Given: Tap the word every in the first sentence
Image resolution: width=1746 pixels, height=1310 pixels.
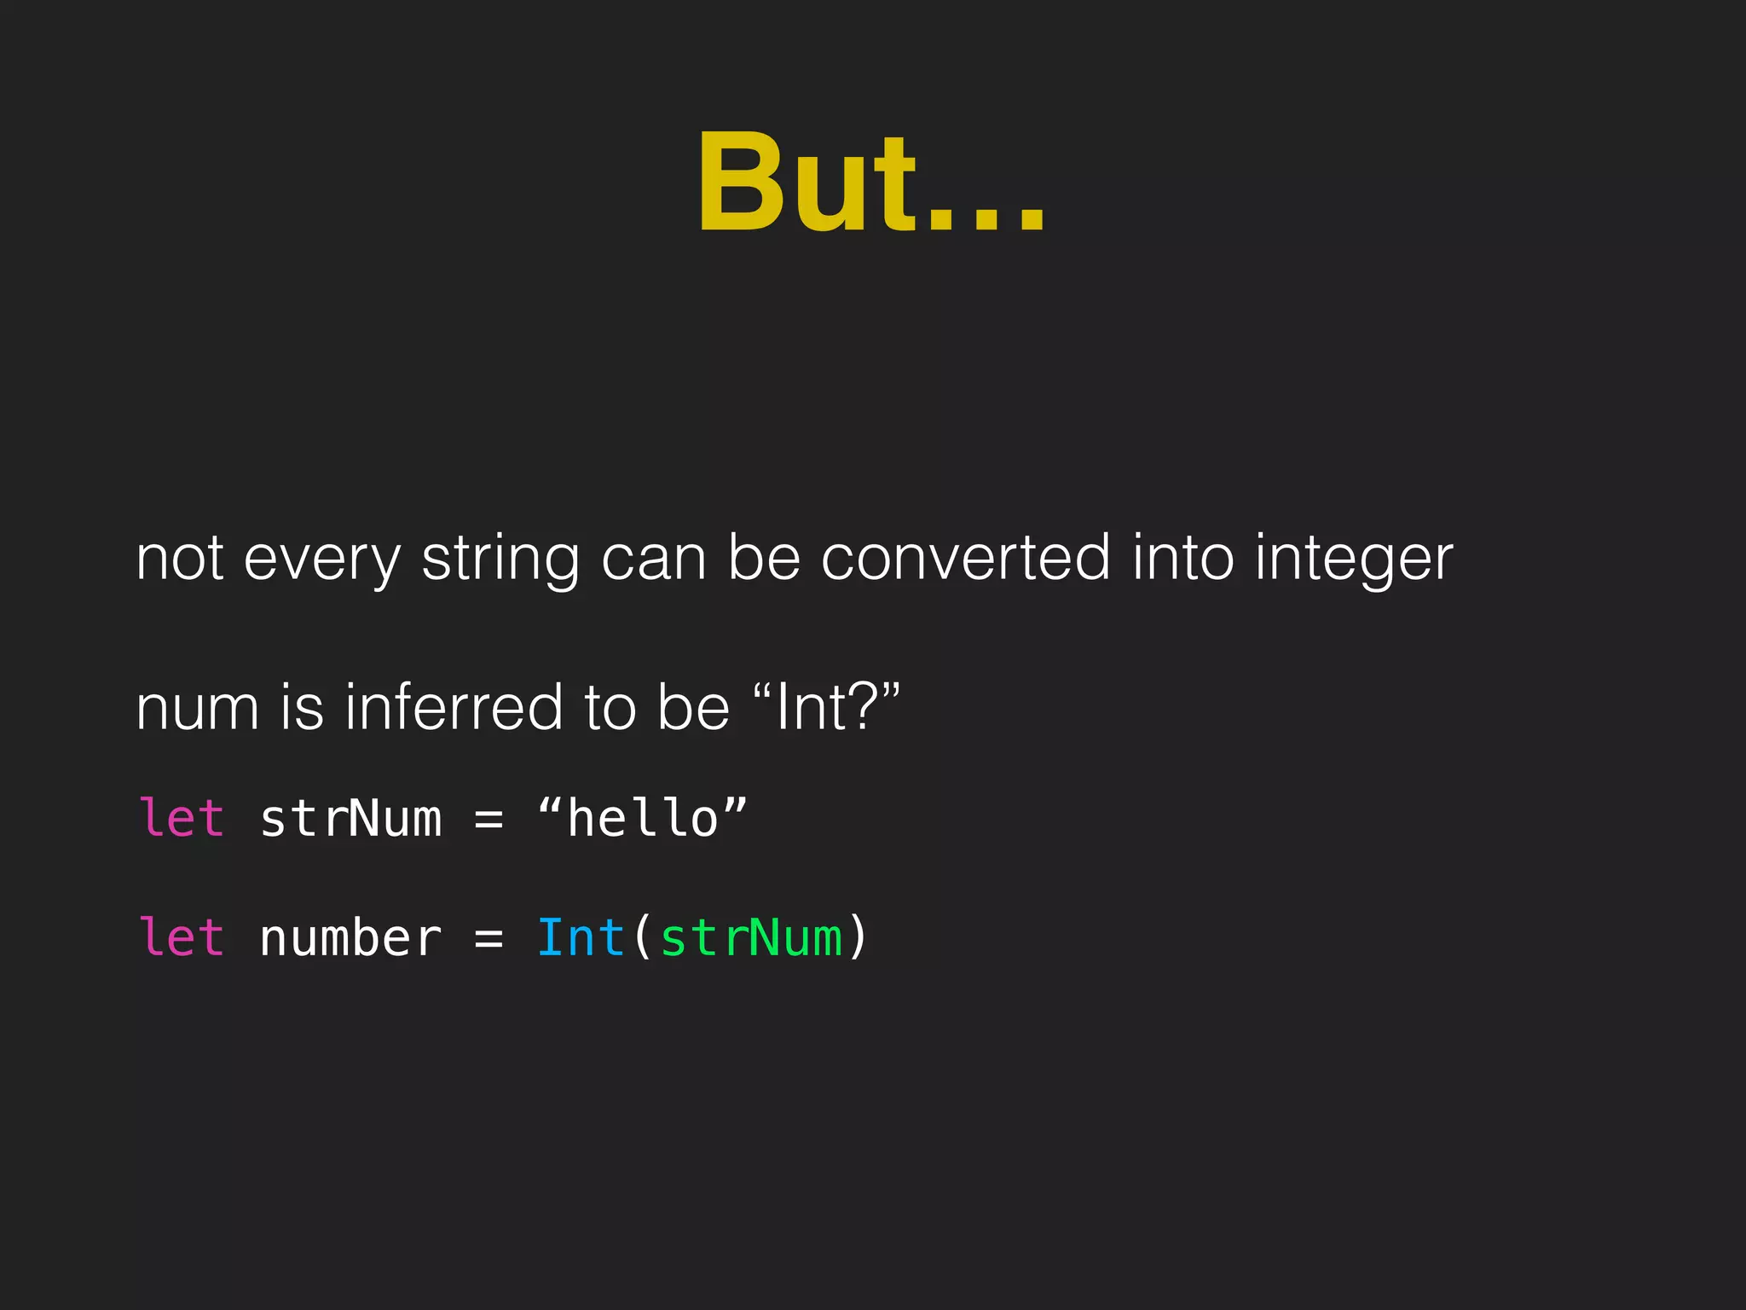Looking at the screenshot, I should click(321, 559).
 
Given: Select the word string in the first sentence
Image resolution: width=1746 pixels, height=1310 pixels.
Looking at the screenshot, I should click(500, 559).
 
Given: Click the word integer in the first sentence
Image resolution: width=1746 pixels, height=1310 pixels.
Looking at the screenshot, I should click(1354, 559).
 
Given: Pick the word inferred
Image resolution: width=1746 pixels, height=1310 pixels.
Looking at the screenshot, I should click(454, 708).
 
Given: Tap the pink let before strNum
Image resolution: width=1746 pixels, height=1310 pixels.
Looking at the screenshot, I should click(182, 819).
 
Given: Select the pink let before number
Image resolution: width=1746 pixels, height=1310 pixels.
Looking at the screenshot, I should click(182, 938).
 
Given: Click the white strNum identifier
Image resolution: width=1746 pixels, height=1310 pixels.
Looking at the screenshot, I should click(350, 819).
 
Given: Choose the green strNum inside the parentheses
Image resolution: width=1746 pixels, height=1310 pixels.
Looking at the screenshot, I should click(751, 938).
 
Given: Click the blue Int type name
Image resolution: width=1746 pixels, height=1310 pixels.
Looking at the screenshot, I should click(581, 938).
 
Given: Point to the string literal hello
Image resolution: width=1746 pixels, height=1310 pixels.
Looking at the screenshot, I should click(643, 819).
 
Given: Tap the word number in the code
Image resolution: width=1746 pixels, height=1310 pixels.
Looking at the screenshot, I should click(350, 938).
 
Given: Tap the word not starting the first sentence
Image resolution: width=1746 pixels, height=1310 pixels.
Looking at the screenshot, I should click(180, 559).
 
